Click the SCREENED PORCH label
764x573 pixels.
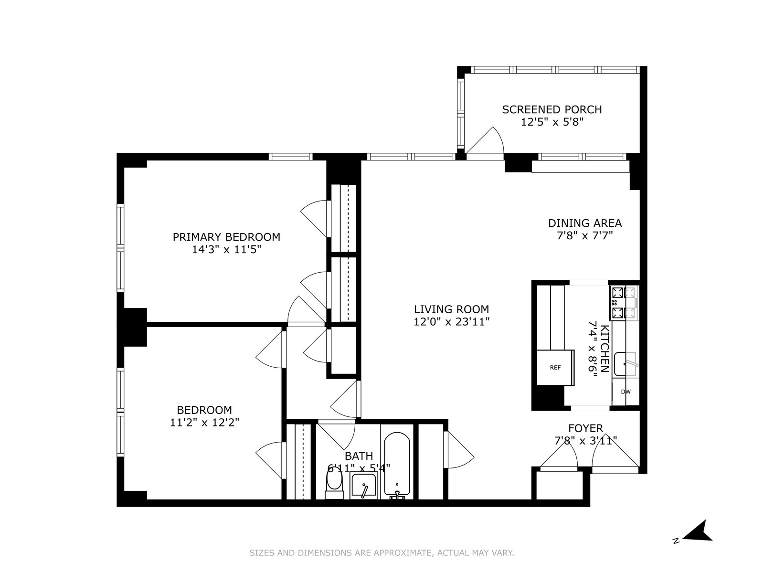click(x=552, y=109)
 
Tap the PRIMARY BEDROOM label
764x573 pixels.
click(x=226, y=237)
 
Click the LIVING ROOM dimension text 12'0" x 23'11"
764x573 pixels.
click(x=451, y=322)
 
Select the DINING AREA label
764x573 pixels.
click(x=584, y=223)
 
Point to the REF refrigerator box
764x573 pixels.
click(x=555, y=367)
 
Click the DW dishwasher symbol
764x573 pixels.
click(x=626, y=392)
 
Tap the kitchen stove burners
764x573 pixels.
click(x=624, y=303)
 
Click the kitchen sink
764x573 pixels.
click(x=625, y=364)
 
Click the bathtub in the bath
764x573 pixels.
click(x=396, y=463)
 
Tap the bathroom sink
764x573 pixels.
click(x=363, y=486)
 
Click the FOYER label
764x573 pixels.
click(x=585, y=428)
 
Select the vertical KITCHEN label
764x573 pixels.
click(x=604, y=349)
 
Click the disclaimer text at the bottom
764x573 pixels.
click(x=382, y=553)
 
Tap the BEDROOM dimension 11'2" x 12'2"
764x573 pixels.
click(x=204, y=422)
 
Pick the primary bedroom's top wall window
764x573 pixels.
click(x=290, y=157)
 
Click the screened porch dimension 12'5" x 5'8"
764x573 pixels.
click(x=552, y=122)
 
